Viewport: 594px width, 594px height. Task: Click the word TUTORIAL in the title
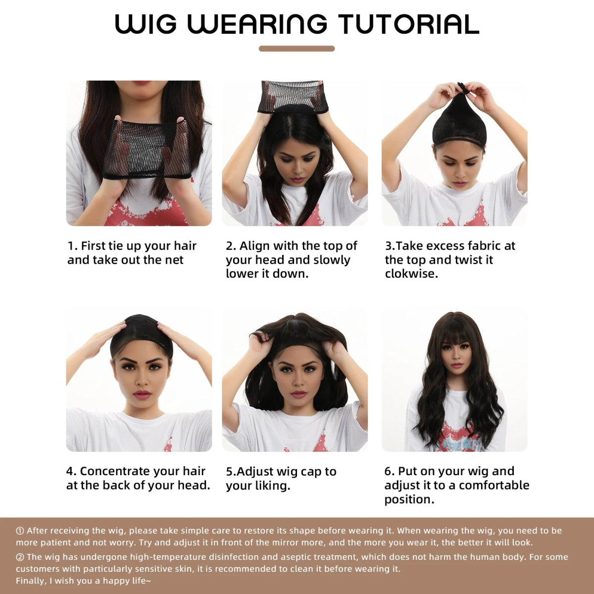point(408,24)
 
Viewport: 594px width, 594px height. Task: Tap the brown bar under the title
point(297,49)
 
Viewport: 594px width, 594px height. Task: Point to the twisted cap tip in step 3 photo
point(462,88)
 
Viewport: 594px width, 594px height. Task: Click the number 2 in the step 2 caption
point(230,246)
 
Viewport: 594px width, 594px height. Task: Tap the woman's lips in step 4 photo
point(142,395)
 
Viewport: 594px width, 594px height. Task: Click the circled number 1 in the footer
point(20,531)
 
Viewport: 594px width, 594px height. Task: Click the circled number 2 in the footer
point(20,557)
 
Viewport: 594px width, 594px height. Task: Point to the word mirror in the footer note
point(286,543)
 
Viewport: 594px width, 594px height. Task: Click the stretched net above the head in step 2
point(293,95)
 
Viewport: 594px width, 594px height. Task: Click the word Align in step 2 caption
point(254,246)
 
